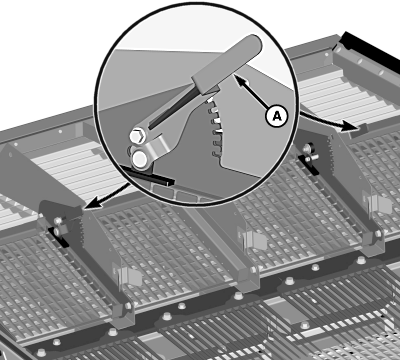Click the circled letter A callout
point(276,116)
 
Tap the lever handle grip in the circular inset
point(227,64)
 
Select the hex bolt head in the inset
point(138,136)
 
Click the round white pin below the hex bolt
point(140,159)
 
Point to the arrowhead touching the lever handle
point(240,80)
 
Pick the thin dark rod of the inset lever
point(172,108)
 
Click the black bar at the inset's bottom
point(147,175)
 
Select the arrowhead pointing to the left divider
point(93,202)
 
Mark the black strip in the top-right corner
point(368,47)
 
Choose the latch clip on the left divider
point(129,276)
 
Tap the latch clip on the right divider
point(380,204)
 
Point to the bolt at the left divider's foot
point(128,306)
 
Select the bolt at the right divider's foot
point(378,234)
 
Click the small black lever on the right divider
point(309,163)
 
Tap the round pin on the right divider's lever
point(307,148)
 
